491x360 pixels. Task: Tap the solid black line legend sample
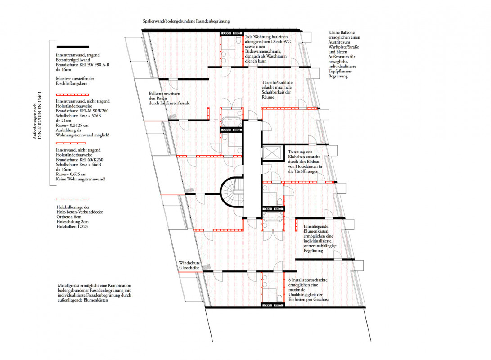point(72,47)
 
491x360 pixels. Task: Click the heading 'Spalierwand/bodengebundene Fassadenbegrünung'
point(186,21)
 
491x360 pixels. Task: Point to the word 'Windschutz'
point(189,263)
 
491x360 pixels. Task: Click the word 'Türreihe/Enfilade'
point(277,83)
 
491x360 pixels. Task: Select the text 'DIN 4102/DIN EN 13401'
point(40,115)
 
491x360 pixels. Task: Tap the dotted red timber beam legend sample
point(72,199)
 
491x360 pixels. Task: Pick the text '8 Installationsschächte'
point(308,280)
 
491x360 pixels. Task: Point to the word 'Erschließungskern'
point(72,84)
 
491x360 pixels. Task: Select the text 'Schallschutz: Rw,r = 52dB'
point(78,116)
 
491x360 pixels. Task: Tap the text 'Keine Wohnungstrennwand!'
point(81,179)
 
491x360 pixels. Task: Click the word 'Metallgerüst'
point(68,285)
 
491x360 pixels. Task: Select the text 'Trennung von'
point(300,152)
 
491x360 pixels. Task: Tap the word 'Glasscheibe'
point(189,268)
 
